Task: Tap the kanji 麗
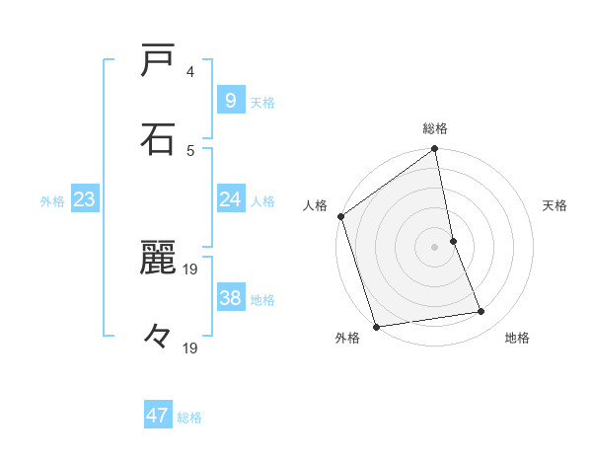click(x=159, y=258)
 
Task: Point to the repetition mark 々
click(x=159, y=337)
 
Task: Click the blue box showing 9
click(x=230, y=101)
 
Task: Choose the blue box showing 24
click(x=230, y=200)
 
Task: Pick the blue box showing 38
click(x=230, y=298)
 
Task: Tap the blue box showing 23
click(x=84, y=200)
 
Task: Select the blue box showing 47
click(x=158, y=416)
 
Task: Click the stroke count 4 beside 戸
click(x=190, y=72)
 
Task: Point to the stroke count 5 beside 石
click(x=190, y=150)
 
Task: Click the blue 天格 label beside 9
click(x=262, y=103)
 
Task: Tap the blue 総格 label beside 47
click(x=189, y=418)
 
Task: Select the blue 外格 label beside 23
click(x=52, y=201)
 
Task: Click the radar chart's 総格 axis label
click(x=435, y=128)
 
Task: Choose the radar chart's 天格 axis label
click(x=555, y=205)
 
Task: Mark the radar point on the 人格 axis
click(x=341, y=216)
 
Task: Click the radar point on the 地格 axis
click(x=481, y=312)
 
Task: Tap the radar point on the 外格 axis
click(x=375, y=326)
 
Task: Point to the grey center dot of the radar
click(x=435, y=246)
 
